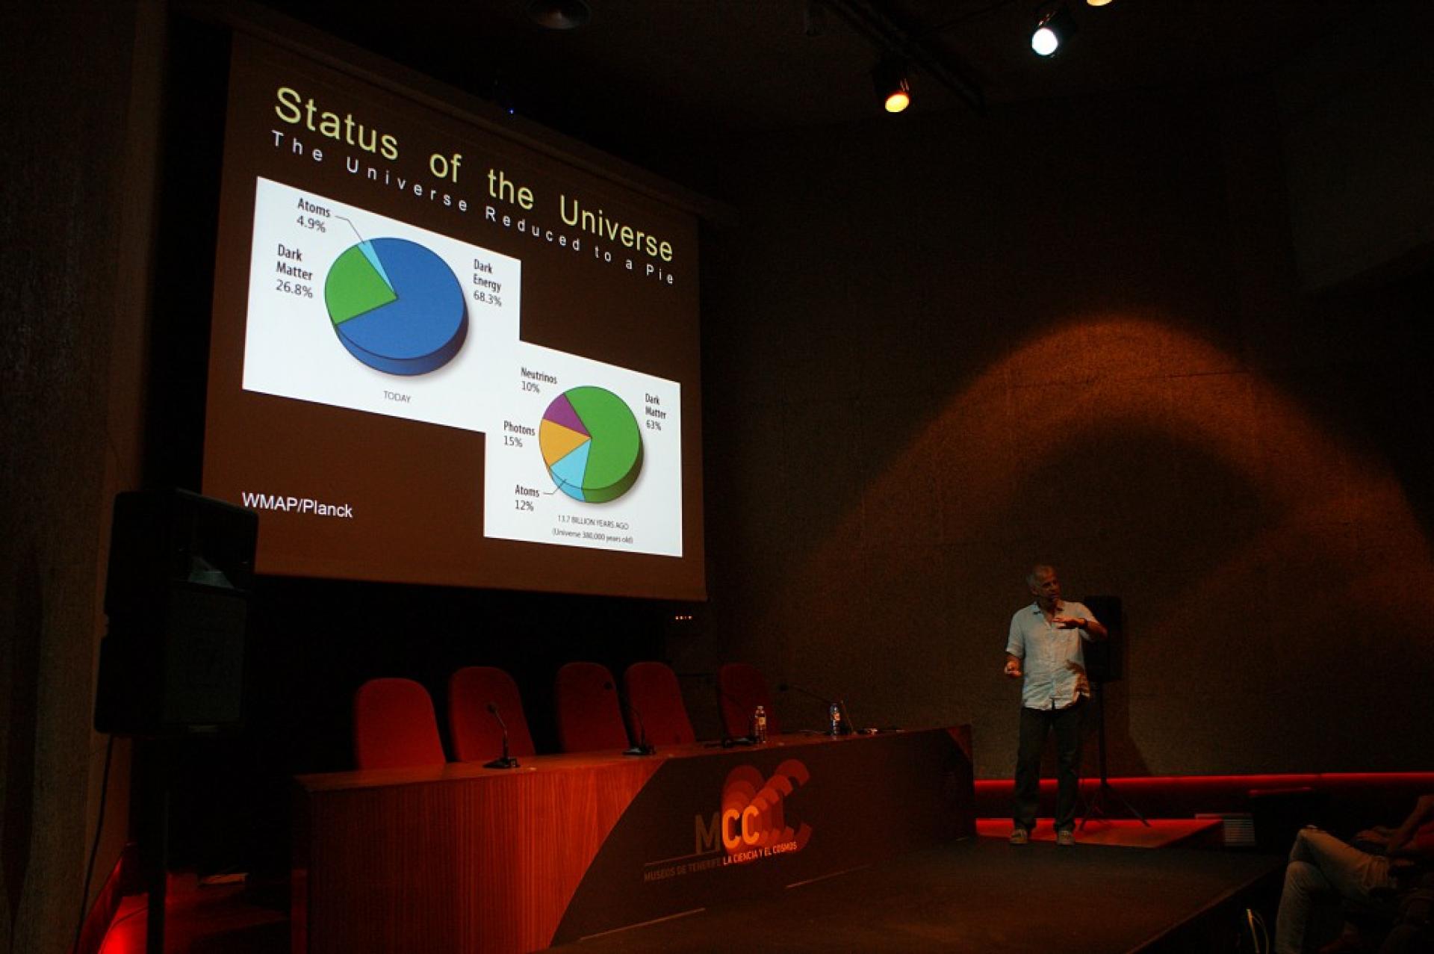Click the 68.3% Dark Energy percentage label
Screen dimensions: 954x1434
pyautogui.click(x=487, y=298)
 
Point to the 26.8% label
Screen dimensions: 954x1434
pyautogui.click(x=294, y=288)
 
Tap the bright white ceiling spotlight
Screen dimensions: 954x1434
pyautogui.click(x=1045, y=40)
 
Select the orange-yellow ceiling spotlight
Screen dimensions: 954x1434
pyautogui.click(x=896, y=100)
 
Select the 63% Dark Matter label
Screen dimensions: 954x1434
pyautogui.click(x=654, y=425)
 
